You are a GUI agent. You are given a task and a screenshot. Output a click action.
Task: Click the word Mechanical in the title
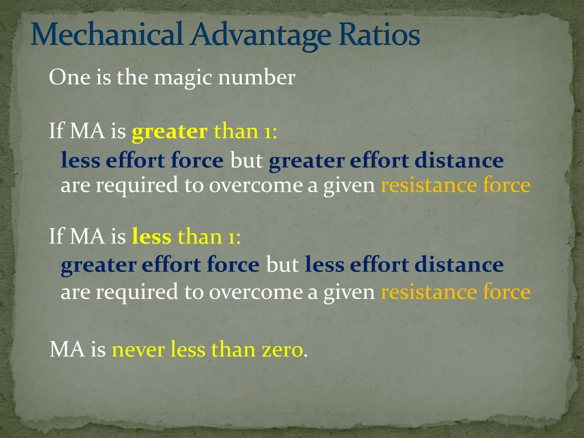pos(109,35)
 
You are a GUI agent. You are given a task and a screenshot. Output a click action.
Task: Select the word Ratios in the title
pos(379,35)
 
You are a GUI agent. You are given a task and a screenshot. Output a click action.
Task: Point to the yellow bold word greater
pos(169,132)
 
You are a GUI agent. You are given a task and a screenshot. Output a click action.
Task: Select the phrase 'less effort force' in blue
pos(142,161)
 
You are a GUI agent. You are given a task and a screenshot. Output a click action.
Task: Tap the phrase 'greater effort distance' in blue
pos(386,161)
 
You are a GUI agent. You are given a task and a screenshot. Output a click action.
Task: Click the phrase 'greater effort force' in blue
pos(160,265)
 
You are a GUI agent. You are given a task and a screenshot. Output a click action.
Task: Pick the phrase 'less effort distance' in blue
pos(404,265)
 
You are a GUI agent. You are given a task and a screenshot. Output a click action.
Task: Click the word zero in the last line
pos(282,349)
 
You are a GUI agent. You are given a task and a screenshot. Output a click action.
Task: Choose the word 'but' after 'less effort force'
pos(246,161)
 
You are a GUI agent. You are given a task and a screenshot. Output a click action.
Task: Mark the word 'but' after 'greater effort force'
pos(282,265)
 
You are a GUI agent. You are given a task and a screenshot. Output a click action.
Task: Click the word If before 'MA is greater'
pos(56,132)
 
